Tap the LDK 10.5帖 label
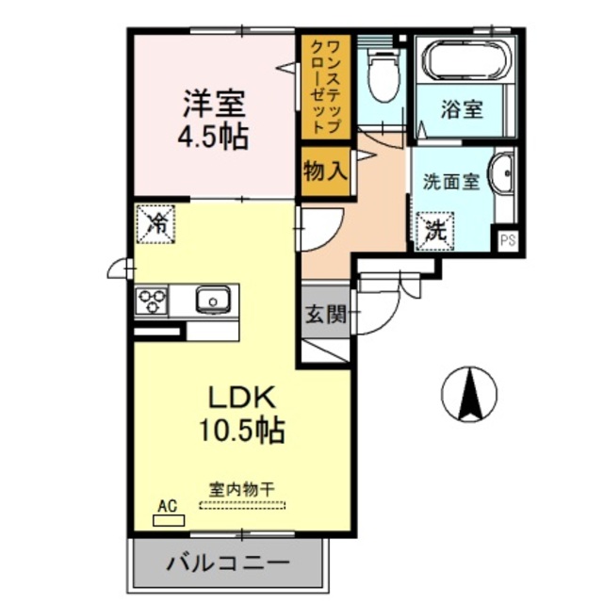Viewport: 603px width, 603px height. coord(241,414)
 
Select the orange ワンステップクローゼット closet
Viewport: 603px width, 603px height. coord(326,85)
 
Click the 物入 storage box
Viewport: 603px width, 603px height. coord(326,171)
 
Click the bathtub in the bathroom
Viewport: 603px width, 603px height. coord(466,61)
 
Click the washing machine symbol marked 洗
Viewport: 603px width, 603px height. coord(434,228)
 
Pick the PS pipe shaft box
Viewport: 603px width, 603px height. coord(508,239)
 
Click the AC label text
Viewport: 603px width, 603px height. coord(167,506)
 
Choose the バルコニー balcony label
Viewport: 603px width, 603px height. coord(229,565)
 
